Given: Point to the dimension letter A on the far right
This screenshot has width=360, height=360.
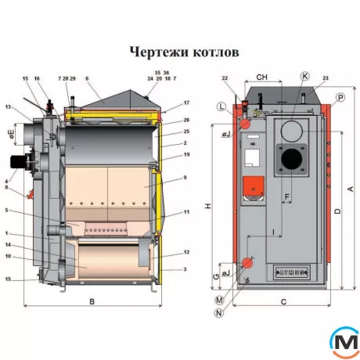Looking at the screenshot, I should (x=350, y=189).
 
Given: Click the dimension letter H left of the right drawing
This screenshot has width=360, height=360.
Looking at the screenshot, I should (x=207, y=206).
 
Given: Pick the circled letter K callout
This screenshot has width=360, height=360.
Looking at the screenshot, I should (x=305, y=77).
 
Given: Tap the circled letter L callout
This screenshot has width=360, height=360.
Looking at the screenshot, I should (x=223, y=106).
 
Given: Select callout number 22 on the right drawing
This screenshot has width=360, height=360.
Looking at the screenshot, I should (x=225, y=78).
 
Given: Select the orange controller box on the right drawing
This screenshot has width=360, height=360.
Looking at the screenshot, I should (x=253, y=186).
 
